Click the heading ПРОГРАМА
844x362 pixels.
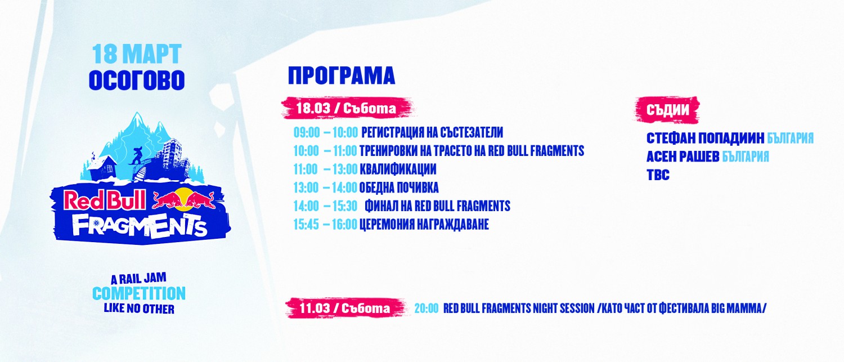[x=342, y=76]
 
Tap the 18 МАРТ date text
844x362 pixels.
[x=137, y=54]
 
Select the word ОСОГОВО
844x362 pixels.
[x=137, y=81]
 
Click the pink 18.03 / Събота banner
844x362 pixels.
[x=347, y=108]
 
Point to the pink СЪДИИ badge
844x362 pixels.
[x=667, y=110]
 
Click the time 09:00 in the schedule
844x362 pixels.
[x=307, y=132]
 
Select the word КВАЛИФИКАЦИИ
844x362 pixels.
[x=398, y=169]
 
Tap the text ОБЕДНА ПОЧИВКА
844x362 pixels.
[x=399, y=187]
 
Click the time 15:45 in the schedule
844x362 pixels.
[x=306, y=225]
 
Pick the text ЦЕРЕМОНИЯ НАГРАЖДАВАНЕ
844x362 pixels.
[x=424, y=225]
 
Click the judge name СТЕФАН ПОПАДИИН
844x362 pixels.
[x=706, y=138]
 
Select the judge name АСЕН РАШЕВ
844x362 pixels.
[x=683, y=157]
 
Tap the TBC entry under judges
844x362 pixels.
[x=658, y=175]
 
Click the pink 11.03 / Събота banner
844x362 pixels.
[x=345, y=309]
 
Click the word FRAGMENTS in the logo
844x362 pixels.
[x=140, y=226]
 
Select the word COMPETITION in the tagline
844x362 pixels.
[x=139, y=293]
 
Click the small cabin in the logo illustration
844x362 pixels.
[x=102, y=167]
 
